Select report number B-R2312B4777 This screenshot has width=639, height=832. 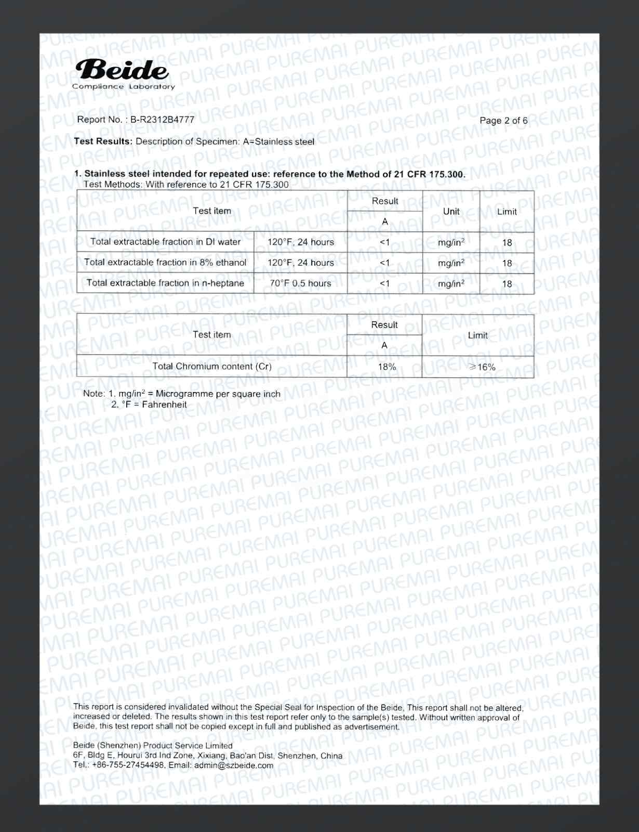tap(162, 120)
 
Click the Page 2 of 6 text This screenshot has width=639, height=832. tap(503, 121)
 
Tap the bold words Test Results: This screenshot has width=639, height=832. tap(103, 141)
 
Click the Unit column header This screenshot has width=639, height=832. tap(451, 211)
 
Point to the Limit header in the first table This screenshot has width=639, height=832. tap(507, 211)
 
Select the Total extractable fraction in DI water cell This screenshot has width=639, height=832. tap(165, 242)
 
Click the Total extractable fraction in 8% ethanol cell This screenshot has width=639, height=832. tap(165, 263)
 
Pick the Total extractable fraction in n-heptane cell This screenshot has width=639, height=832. tap(165, 283)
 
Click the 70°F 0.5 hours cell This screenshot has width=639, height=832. tap(300, 283)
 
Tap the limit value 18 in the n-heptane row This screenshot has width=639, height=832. tap(507, 284)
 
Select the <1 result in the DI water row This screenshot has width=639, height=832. tap(384, 242)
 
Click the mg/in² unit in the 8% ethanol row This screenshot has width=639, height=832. tap(451, 263)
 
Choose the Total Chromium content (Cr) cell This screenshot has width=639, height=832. tap(211, 366)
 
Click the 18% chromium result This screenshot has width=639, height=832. tap(387, 367)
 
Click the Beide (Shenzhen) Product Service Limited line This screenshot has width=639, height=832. tap(153, 746)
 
